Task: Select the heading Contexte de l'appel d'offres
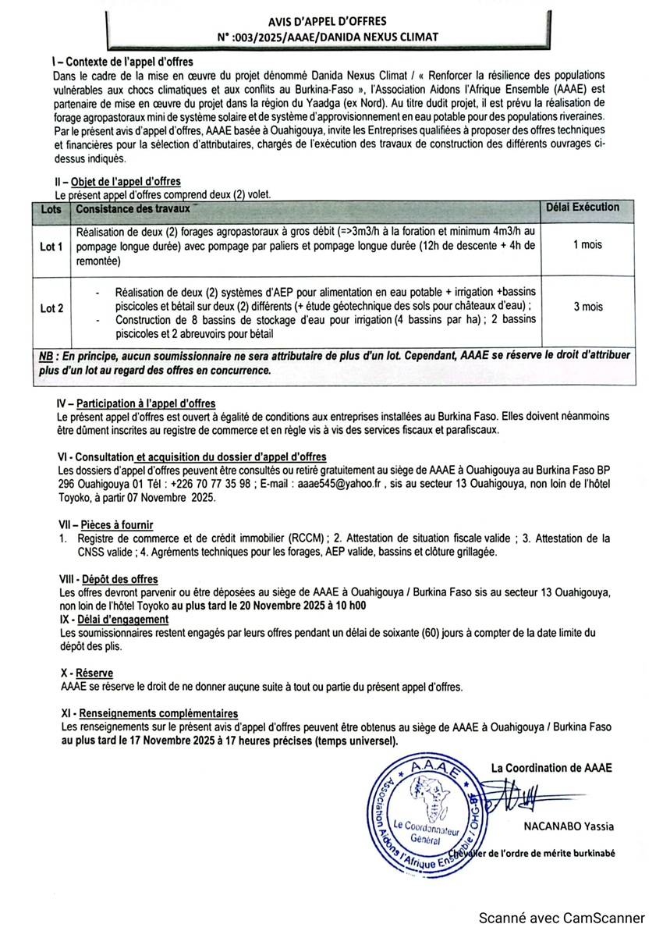tap(126, 62)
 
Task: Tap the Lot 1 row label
tap(51, 247)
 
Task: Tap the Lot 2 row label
tap(51, 308)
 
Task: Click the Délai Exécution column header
tap(585, 208)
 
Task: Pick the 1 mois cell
tap(587, 245)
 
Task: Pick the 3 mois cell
tap(587, 307)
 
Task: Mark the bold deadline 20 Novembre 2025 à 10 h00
tap(293, 606)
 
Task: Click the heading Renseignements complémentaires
tap(160, 713)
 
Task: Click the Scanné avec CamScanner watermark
tap(562, 918)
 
